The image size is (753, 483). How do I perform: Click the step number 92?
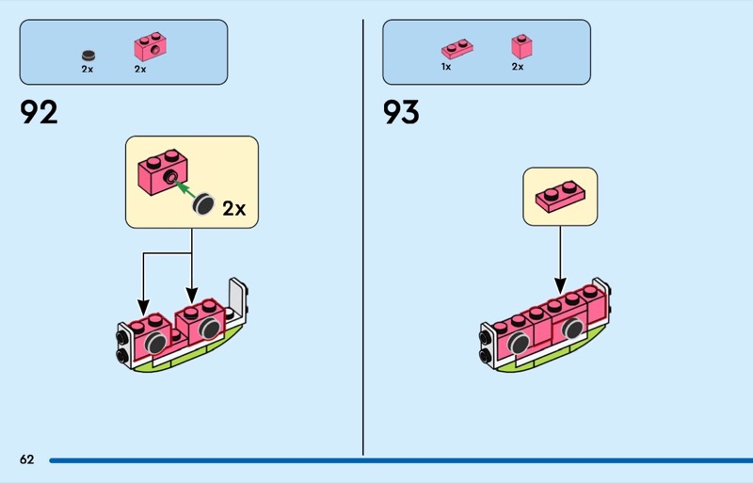click(39, 112)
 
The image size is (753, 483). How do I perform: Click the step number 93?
click(401, 112)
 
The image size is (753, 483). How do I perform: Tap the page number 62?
click(27, 459)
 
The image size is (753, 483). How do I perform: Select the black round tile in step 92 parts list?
click(88, 56)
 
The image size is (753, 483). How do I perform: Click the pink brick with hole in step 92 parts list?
click(151, 46)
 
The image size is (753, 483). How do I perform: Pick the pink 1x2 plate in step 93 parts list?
click(457, 49)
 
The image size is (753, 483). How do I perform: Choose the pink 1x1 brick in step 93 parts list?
click(521, 47)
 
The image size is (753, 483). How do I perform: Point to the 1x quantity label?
click(446, 67)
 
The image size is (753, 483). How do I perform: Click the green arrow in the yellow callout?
click(184, 188)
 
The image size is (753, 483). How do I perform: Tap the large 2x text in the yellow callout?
click(234, 209)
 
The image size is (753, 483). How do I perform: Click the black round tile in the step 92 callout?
click(203, 203)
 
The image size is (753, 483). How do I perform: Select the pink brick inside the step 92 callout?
click(163, 171)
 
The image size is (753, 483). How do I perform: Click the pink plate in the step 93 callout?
click(560, 196)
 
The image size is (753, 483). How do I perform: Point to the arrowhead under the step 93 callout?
click(560, 285)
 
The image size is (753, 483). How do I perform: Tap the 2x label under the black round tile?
click(88, 70)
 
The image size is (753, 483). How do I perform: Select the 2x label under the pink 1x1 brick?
click(518, 67)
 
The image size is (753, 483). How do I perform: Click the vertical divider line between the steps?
click(363, 237)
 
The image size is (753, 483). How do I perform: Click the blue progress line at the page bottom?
click(401, 460)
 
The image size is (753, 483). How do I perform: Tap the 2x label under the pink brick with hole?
click(140, 70)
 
